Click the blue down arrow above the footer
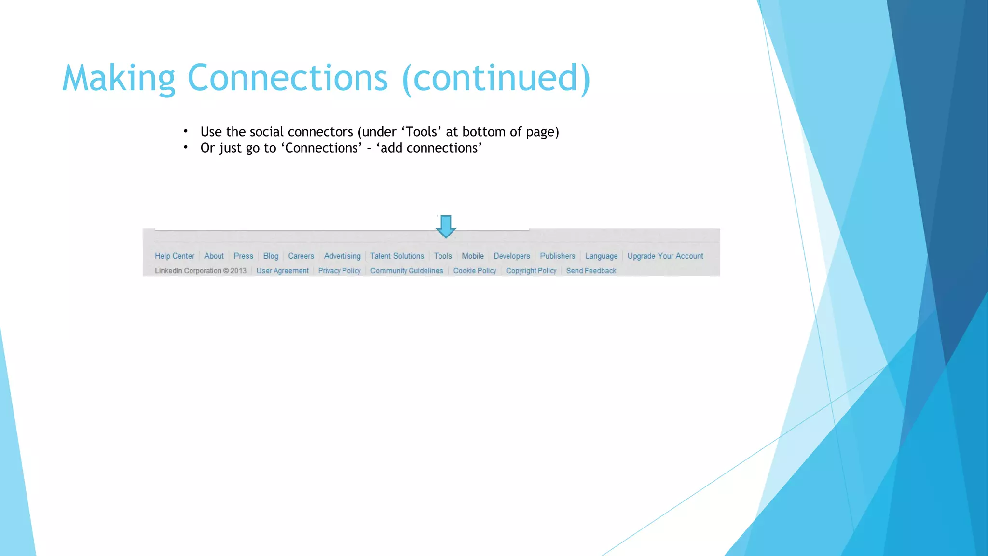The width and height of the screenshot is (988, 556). [446, 226]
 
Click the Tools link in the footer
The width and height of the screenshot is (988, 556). [442, 256]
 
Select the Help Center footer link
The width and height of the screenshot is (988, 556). [175, 256]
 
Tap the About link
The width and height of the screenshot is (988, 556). [214, 256]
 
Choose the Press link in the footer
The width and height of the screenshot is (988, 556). [243, 256]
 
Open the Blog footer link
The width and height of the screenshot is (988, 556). [271, 256]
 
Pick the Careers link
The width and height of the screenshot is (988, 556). [301, 256]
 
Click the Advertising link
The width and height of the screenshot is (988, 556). [342, 256]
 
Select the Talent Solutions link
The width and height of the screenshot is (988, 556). [397, 256]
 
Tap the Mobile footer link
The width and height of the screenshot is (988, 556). [473, 256]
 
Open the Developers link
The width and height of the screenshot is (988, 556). [511, 256]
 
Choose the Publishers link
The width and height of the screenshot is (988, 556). [557, 256]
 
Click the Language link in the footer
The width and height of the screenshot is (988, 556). [601, 256]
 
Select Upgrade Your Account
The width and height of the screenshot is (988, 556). [665, 256]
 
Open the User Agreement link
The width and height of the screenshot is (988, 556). [282, 271]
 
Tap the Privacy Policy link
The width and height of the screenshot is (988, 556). [339, 271]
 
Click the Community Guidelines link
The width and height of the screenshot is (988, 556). [407, 271]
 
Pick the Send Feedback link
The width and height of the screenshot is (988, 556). [591, 271]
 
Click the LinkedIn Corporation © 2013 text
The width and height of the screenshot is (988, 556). [201, 271]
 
